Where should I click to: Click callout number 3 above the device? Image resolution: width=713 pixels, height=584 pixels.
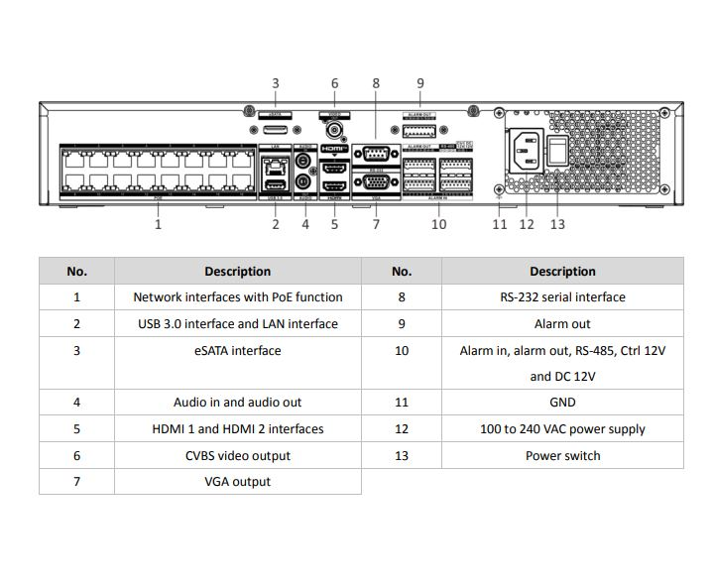coord(276,83)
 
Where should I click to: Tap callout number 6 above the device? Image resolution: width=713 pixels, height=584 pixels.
coord(334,83)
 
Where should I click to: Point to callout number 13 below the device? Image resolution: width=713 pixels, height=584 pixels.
coord(557,224)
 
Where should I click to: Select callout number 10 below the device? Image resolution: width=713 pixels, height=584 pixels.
coord(439,224)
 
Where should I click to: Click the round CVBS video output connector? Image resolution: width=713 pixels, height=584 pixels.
coord(334,130)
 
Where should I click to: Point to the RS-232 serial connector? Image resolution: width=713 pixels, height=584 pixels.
coord(376,153)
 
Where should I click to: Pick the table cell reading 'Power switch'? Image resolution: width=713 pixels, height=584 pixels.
coord(562,456)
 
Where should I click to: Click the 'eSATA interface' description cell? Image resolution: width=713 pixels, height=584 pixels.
coord(237,350)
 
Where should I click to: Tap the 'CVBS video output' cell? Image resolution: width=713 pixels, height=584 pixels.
coord(237,456)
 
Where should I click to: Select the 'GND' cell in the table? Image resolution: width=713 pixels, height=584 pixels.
coord(562,403)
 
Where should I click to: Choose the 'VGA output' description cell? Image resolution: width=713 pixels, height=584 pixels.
coord(237,482)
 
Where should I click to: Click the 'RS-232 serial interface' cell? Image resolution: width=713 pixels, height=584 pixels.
coord(562,296)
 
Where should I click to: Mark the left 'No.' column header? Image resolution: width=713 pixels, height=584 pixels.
coord(76,271)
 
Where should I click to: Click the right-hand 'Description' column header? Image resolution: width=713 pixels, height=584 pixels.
coord(562,271)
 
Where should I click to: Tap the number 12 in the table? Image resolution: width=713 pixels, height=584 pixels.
coord(402,429)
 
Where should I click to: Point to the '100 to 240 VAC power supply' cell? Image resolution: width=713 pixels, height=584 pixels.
coord(562,429)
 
